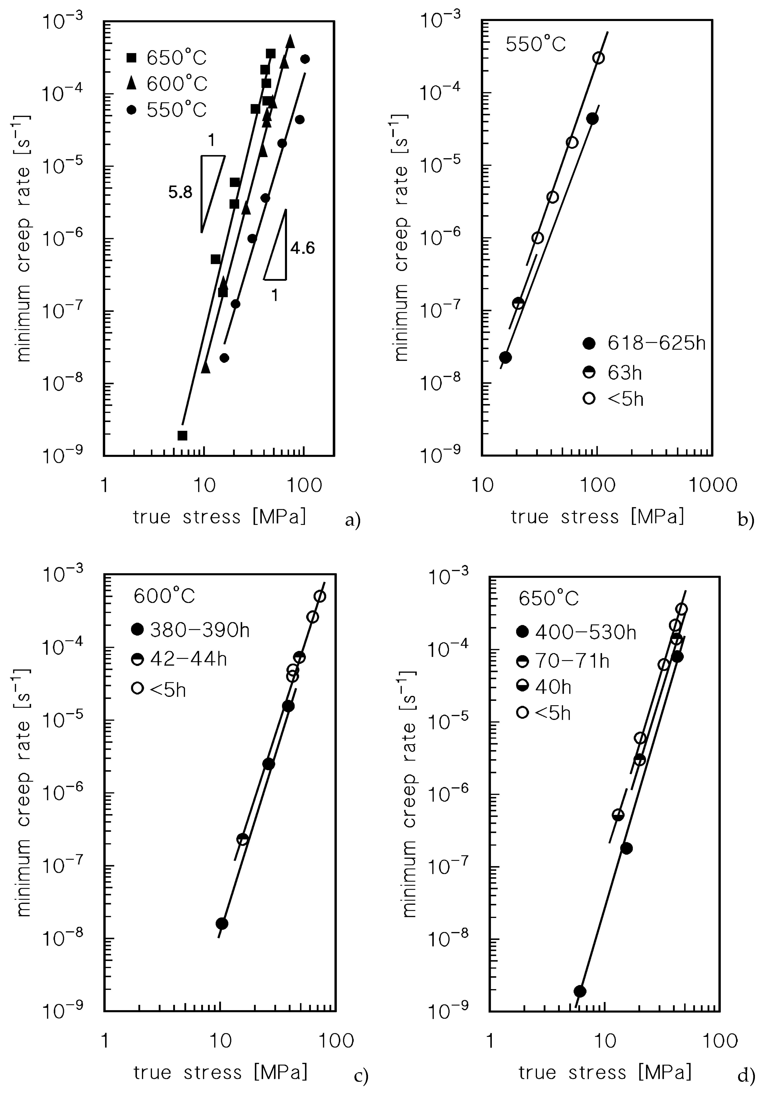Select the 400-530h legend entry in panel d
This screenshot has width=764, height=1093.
pyautogui.click(x=576, y=632)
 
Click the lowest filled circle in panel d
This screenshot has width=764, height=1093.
pyautogui.click(x=580, y=991)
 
